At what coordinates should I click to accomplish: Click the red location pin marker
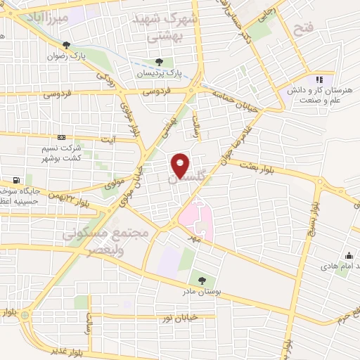(x=180, y=165)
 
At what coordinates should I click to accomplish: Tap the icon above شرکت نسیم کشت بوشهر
(x=62, y=138)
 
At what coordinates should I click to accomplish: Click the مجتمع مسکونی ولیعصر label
(x=105, y=239)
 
